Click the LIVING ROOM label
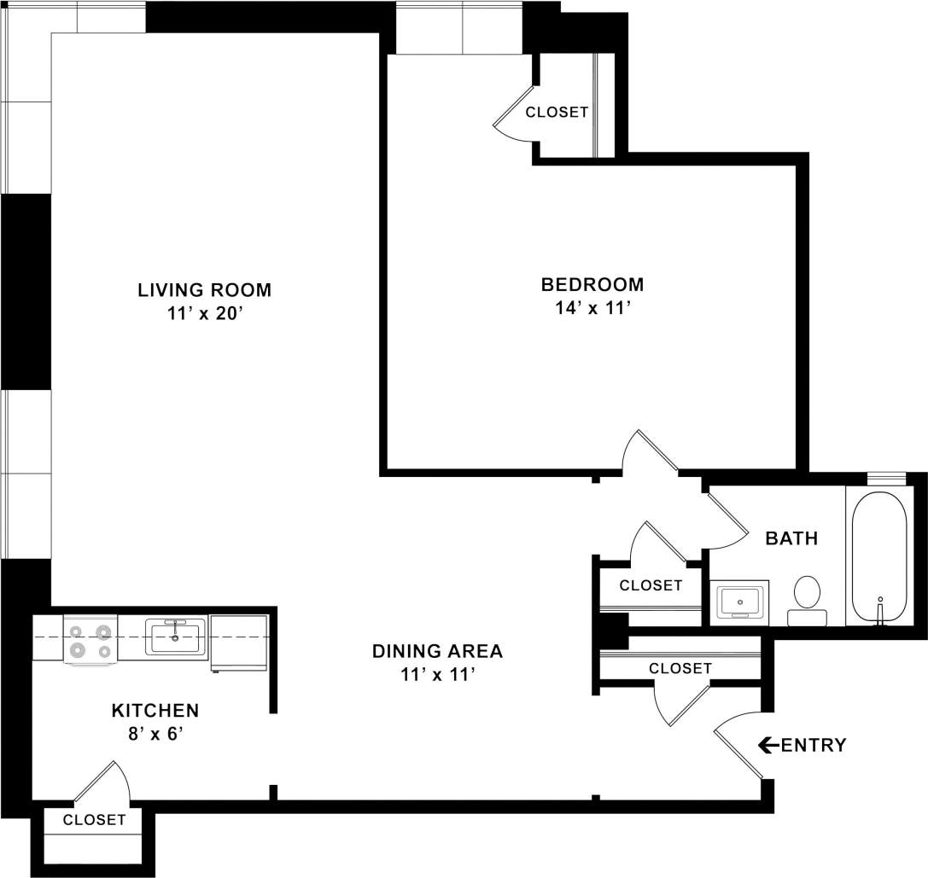(204, 290)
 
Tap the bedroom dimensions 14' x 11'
(592, 308)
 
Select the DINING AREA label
(437, 652)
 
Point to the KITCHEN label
(155, 710)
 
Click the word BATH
(791, 538)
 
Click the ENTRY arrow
(767, 745)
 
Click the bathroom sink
(739, 602)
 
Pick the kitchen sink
(175, 637)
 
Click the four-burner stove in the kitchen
(90, 640)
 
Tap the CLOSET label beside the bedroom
(557, 112)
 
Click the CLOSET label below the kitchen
(94, 820)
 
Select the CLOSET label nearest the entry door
(680, 668)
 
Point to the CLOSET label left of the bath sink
(651, 585)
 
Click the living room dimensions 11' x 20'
(204, 313)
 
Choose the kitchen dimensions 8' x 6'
(155, 734)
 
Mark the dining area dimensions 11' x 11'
(437, 675)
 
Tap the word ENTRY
(814, 745)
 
